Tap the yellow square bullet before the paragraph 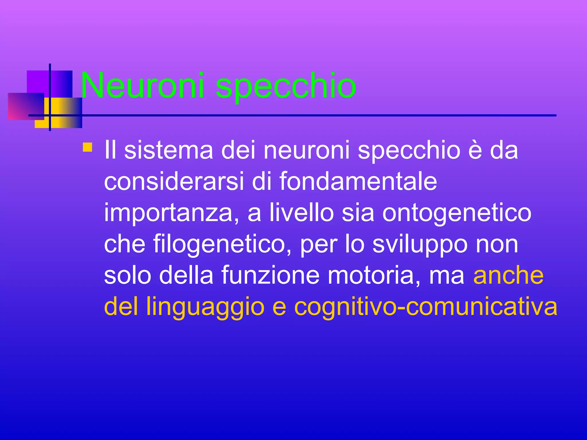pos(87,147)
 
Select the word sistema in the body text pos(169,150)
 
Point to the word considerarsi pos(174,181)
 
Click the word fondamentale pos(358,181)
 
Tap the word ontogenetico pos(457,213)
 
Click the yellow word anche pos(508,275)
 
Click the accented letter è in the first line pos(475,150)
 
